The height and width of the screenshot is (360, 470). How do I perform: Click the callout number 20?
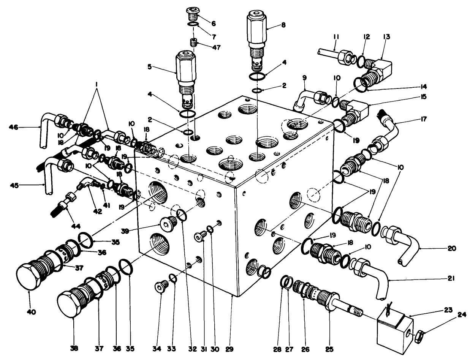452,249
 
